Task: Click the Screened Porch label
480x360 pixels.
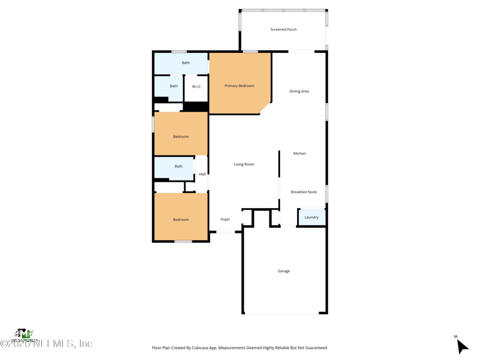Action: [x=283, y=29]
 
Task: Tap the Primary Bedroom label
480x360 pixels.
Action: [x=239, y=86]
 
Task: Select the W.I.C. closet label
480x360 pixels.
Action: [x=197, y=87]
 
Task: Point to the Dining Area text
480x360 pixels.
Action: [x=299, y=91]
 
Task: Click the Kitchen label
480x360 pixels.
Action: [x=299, y=154]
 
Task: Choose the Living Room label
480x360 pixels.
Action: [x=244, y=164]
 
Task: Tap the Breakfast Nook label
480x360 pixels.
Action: [x=304, y=192]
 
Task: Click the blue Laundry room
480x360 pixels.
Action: [x=311, y=217]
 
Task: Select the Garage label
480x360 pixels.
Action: [x=284, y=271]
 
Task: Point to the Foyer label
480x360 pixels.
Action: [x=225, y=220]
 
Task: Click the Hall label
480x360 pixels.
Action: [x=202, y=175]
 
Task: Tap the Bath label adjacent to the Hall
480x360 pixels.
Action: [x=178, y=166]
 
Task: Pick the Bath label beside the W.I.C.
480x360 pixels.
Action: [x=173, y=86]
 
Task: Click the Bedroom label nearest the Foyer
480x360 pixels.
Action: [x=181, y=220]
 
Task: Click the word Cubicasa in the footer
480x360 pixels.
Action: [x=204, y=348]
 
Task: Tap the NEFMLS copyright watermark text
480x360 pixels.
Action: [x=46, y=344]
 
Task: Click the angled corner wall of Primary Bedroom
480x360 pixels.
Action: [x=265, y=107]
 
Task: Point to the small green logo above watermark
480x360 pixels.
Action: [x=23, y=334]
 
